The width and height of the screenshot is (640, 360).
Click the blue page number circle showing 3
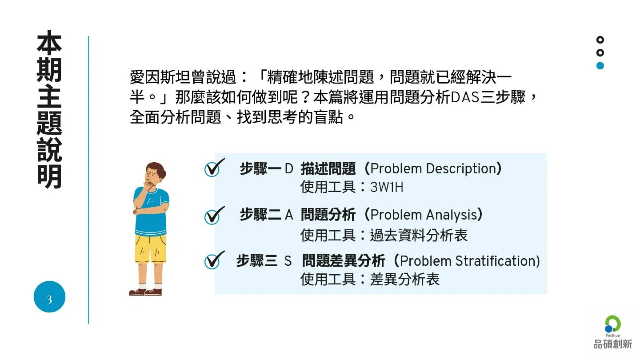(x=49, y=296)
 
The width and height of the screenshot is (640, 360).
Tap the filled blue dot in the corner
(x=600, y=66)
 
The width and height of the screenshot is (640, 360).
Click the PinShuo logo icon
(x=612, y=324)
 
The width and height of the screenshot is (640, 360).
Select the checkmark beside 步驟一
(x=214, y=168)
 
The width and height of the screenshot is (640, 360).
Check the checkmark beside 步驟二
(x=214, y=216)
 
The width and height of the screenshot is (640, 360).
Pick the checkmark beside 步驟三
(x=214, y=260)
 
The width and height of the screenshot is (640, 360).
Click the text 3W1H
(x=387, y=188)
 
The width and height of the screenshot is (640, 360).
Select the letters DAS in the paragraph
(x=465, y=97)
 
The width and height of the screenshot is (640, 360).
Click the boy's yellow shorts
(x=150, y=248)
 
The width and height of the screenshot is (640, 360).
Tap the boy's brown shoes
(x=145, y=292)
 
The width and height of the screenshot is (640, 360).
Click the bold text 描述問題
(x=328, y=168)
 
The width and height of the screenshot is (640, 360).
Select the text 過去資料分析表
(x=419, y=236)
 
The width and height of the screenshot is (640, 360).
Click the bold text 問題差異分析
(x=344, y=261)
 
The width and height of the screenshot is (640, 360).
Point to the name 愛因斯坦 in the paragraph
(x=160, y=77)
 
